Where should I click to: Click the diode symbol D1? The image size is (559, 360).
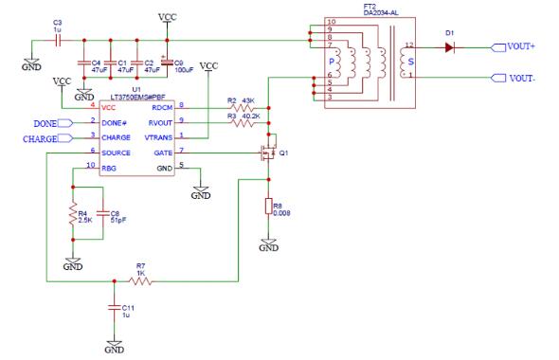pos(451,47)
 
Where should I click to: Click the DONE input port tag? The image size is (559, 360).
pos(46,123)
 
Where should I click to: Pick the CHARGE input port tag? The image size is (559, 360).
pos(43,139)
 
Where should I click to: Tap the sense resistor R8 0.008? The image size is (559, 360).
pos(269,207)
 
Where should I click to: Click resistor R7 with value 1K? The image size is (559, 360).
pos(139,280)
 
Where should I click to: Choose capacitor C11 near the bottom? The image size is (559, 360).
pos(115,309)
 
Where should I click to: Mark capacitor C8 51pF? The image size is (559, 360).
pos(102,219)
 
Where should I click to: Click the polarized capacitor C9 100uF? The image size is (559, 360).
pos(168,66)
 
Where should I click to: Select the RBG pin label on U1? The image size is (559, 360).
pos(110,167)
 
